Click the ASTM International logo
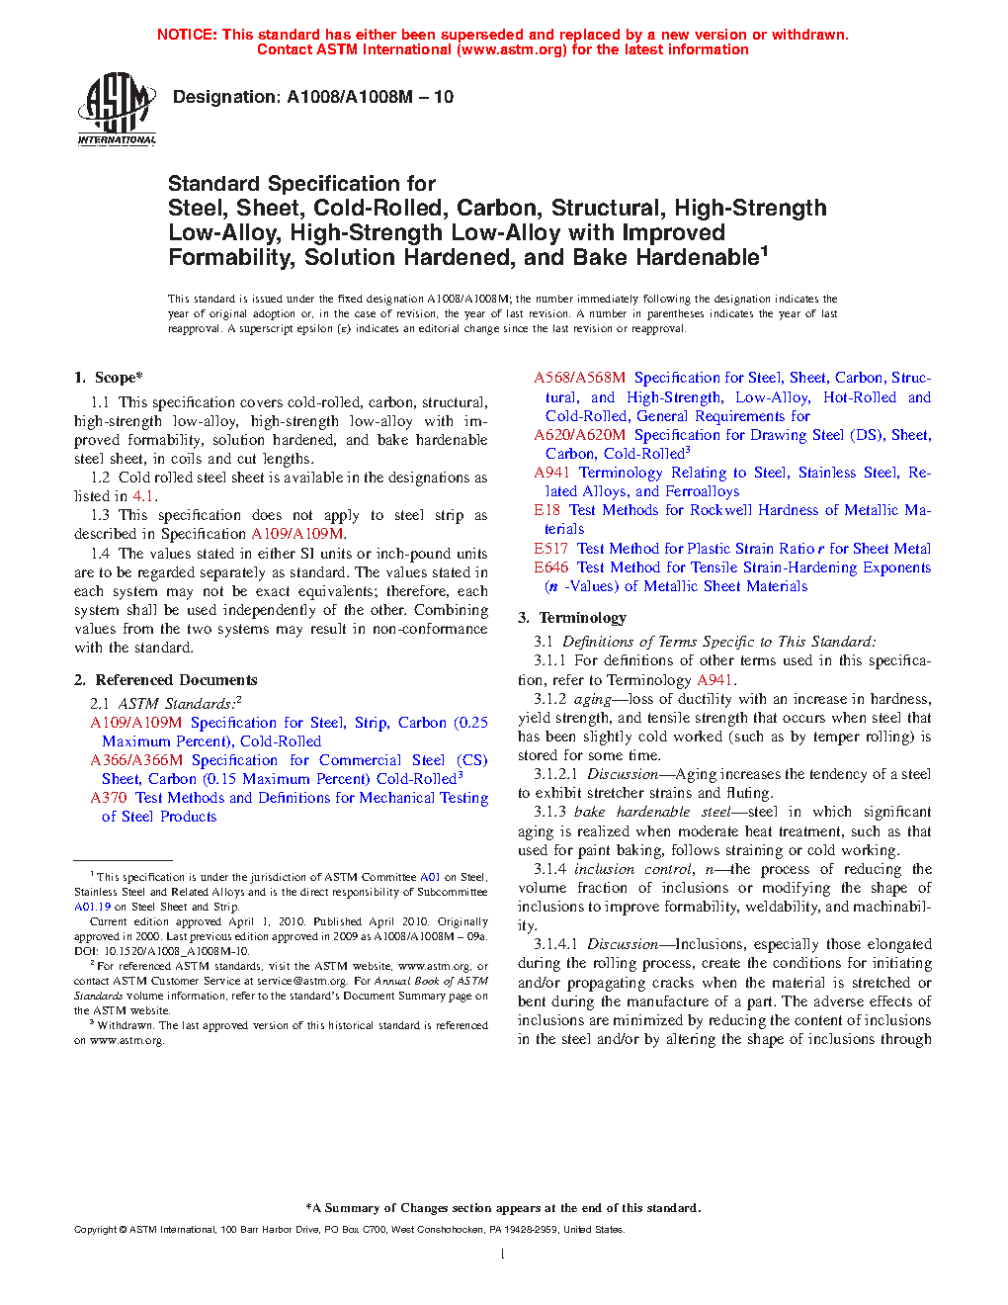[117, 108]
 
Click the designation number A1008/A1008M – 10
[370, 97]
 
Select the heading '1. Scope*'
[109, 378]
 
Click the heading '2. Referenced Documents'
[166, 680]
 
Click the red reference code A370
[109, 798]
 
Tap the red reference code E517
[551, 549]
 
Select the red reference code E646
[551, 567]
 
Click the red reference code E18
[546, 510]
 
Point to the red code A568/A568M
[580, 378]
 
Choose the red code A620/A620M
[580, 435]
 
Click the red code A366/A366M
[136, 760]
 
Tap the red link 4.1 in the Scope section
[143, 496]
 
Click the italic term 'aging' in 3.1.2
[593, 699]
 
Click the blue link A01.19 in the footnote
[93, 907]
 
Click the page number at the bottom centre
[503, 1255]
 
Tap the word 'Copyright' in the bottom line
[95, 1230]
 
